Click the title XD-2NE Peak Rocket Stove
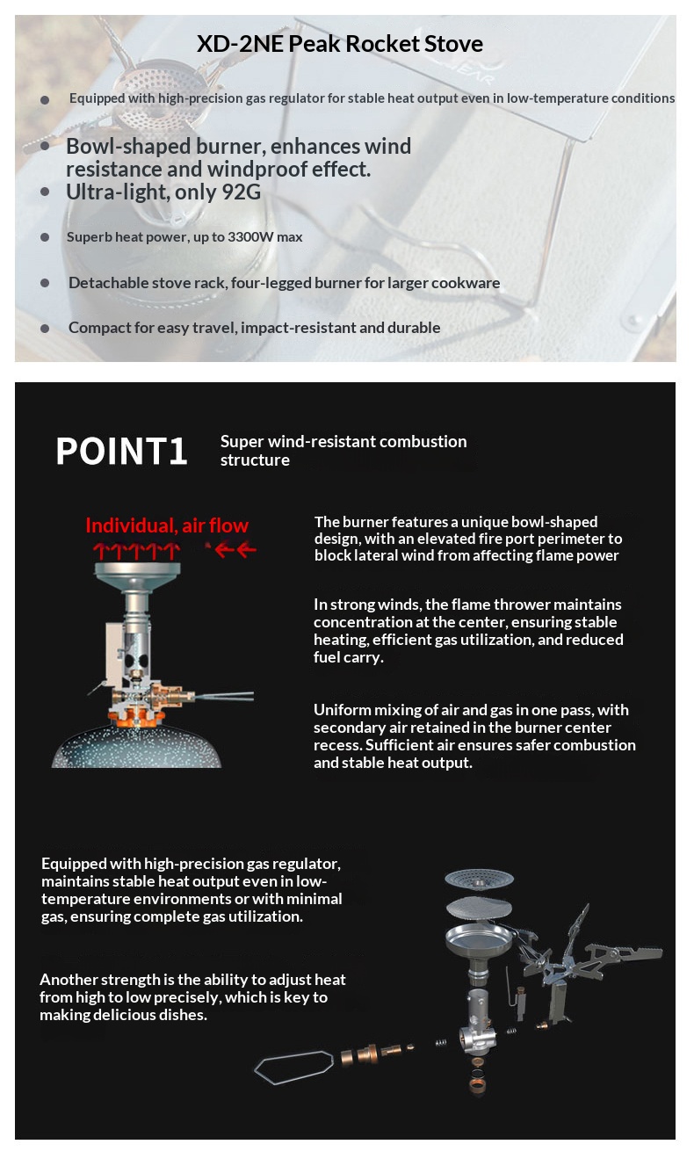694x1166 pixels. pyautogui.click(x=340, y=44)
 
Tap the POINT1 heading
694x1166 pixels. pyautogui.click(x=121, y=451)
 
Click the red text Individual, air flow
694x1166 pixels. pyautogui.click(x=167, y=525)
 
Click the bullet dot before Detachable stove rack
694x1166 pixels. pyautogui.click(x=45, y=283)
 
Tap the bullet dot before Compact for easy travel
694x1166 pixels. pyautogui.click(x=45, y=328)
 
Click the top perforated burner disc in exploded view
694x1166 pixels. pyautogui.click(x=478, y=878)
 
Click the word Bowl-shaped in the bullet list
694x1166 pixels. pyautogui.click(x=124, y=146)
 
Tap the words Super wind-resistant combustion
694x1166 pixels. pyautogui.click(x=343, y=441)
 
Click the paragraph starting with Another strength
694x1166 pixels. pyautogui.click(x=192, y=996)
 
